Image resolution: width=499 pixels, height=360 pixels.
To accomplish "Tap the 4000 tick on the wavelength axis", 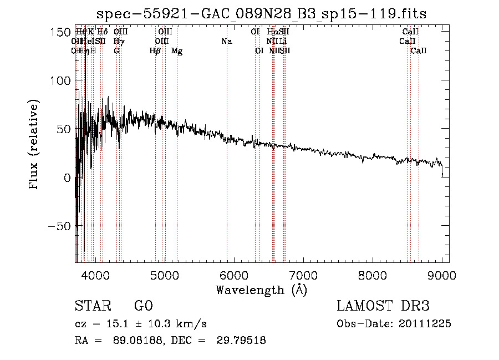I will pos(95,275).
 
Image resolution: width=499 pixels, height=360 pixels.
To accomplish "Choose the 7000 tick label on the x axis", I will pos(303,275).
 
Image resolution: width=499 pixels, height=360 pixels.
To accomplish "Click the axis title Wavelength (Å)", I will pos(261,290).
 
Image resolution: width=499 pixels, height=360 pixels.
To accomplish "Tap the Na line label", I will pos(226,42).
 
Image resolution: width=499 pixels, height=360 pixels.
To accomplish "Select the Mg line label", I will pos(177,51).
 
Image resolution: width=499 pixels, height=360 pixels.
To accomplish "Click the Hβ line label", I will pos(155,51).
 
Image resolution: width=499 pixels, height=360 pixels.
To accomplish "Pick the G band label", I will pos(116,51).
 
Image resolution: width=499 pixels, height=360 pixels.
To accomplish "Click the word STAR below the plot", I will pos(93,306).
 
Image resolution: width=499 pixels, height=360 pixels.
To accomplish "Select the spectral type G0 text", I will pos(143,306).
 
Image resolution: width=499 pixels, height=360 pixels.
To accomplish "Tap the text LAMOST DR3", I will pos(383,306).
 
